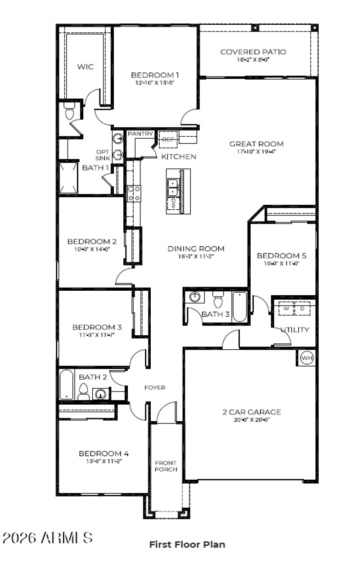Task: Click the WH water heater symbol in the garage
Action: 306,358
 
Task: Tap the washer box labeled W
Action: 285,309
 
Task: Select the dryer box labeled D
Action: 302,309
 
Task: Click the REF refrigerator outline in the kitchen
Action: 167,139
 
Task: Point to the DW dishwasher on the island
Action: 173,203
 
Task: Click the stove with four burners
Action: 134,193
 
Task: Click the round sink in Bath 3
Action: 195,297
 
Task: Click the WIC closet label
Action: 85,67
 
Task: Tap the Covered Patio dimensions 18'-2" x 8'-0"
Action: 252,60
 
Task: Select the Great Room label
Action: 256,144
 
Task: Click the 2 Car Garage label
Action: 252,412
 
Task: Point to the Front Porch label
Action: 166,466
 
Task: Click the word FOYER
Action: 154,387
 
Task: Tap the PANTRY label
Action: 141,134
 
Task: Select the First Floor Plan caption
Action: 187,545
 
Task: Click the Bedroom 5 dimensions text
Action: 281,264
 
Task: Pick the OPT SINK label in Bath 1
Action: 102,155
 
